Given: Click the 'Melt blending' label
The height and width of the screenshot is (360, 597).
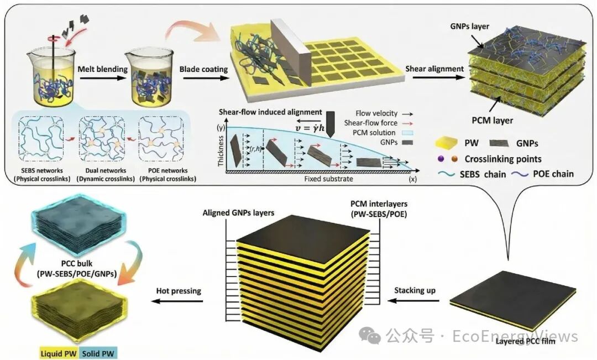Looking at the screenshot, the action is (102, 69).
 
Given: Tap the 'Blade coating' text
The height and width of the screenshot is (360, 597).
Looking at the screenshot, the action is (203, 69).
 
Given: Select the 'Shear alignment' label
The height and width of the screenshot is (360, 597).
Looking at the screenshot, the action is (434, 69).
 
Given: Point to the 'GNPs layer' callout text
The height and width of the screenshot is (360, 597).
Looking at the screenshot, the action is (469, 27).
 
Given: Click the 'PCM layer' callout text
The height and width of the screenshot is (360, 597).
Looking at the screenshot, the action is (493, 121).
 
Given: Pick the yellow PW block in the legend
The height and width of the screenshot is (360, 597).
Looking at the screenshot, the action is (446, 143).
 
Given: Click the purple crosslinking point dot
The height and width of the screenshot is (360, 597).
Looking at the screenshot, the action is (441, 159).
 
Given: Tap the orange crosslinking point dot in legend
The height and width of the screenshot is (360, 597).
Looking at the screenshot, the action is (454, 159).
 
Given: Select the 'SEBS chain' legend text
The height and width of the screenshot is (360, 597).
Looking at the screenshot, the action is (483, 174).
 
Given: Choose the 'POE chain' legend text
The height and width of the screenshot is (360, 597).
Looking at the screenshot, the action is (553, 174).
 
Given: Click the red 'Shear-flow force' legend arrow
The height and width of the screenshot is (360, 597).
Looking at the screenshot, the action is (408, 123).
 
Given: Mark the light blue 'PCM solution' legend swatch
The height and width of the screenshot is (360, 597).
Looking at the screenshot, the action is (408, 133).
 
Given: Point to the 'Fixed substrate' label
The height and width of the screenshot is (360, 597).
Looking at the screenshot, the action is (328, 179).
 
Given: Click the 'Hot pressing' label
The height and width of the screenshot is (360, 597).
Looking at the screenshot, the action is (179, 291).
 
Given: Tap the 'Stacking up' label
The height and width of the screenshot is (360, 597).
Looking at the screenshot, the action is (415, 290).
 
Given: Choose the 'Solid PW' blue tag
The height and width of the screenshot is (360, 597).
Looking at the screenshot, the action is (98, 353).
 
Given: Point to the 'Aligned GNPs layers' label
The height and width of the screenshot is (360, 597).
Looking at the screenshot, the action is (238, 212).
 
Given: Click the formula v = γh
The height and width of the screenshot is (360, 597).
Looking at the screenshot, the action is (310, 128).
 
